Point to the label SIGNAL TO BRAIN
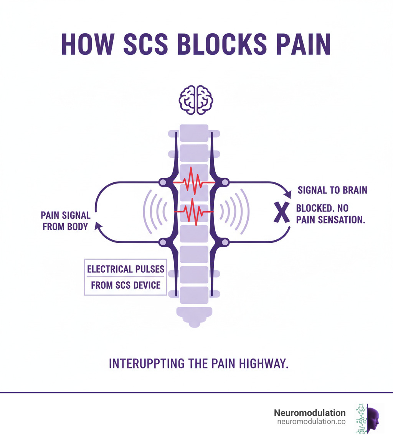coord(332,190)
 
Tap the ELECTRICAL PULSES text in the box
coord(125,269)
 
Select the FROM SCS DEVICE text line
coord(125,285)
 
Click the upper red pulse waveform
coord(193,182)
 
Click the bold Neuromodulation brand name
coord(309,413)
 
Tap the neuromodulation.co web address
coord(311,421)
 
